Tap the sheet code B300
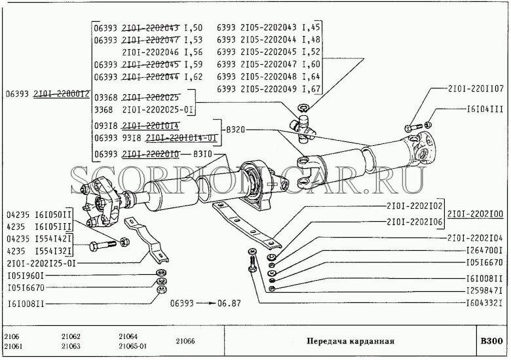(489, 341)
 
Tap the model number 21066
(186, 341)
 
